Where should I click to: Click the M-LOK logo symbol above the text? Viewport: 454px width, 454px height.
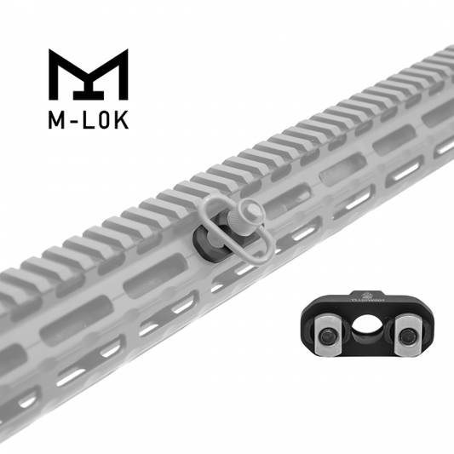[x=88, y=75]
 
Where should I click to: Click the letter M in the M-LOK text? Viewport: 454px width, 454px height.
[x=56, y=121]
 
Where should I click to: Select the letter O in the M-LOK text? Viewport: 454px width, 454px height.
[x=104, y=121]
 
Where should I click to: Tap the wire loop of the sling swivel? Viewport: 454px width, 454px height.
[x=223, y=227]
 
